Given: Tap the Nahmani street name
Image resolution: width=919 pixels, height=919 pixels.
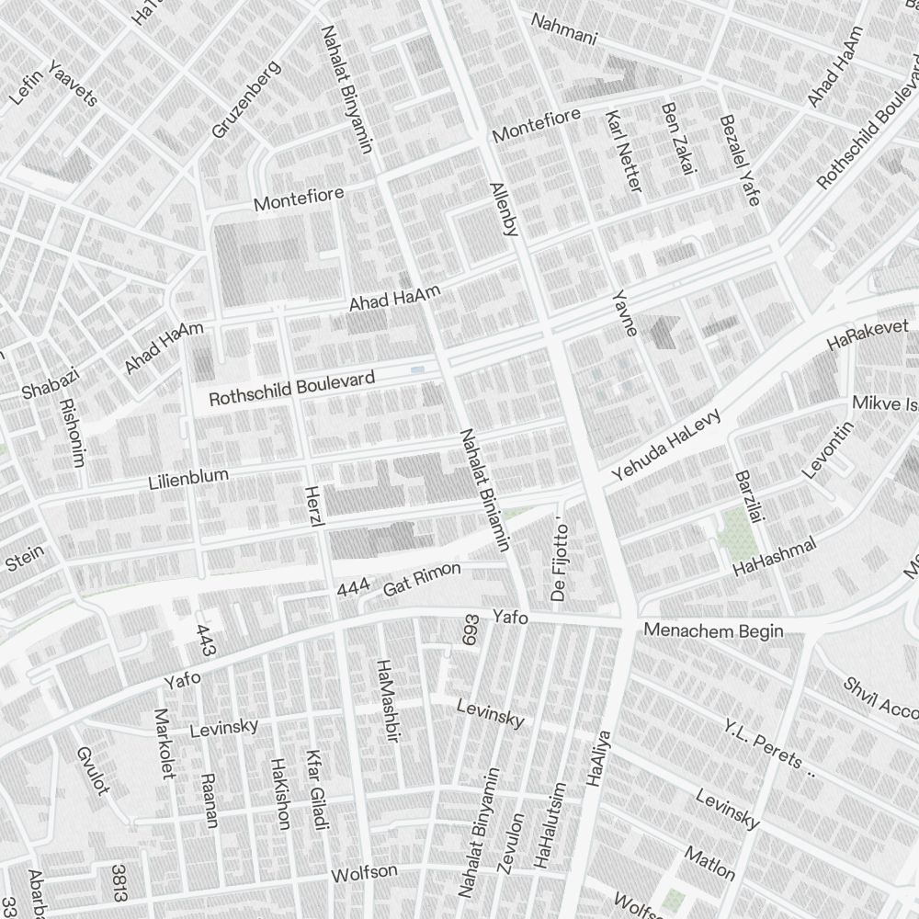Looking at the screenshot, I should (x=564, y=30).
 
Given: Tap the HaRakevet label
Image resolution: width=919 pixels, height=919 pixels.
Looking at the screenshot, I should (x=868, y=335).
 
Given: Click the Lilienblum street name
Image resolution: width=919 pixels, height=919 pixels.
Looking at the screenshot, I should (x=188, y=478).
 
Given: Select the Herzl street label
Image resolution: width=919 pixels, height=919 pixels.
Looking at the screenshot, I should (x=314, y=506).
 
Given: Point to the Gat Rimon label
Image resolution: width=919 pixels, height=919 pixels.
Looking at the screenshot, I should (x=422, y=578).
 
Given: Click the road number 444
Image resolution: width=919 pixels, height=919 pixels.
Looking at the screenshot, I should (x=354, y=589).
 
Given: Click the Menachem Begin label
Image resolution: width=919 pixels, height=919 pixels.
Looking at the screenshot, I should (x=714, y=630).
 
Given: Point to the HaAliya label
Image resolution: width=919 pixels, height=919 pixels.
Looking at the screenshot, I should (x=598, y=758).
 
